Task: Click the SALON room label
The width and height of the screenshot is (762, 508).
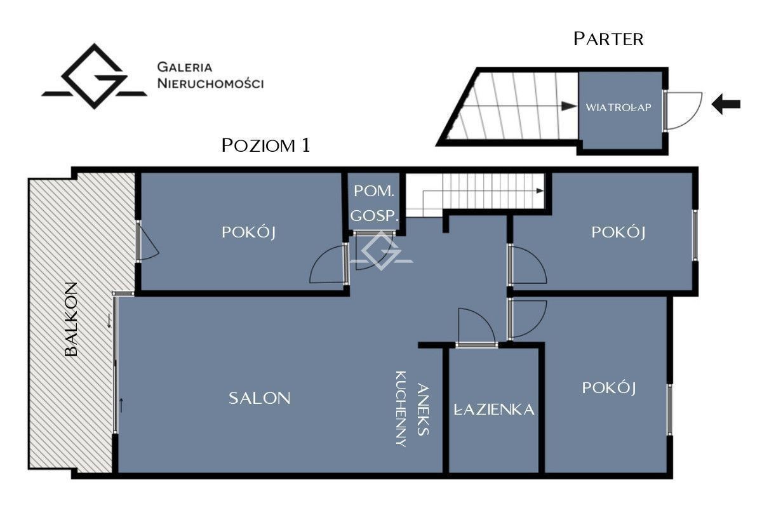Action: pyautogui.click(x=259, y=398)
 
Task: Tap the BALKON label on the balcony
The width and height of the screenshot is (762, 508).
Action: pyautogui.click(x=71, y=319)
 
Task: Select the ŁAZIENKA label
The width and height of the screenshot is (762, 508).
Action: pyautogui.click(x=494, y=409)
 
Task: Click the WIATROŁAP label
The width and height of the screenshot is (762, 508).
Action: pyautogui.click(x=618, y=107)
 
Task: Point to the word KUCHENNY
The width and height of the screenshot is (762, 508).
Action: pyautogui.click(x=401, y=409)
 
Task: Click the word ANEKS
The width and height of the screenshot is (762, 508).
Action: pyautogui.click(x=423, y=410)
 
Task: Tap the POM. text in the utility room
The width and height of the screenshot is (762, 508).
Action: pyautogui.click(x=374, y=191)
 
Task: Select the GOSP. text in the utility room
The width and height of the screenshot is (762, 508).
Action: pyautogui.click(x=374, y=216)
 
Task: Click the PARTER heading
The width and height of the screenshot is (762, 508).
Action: pyautogui.click(x=608, y=39)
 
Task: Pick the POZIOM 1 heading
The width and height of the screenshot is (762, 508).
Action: pyautogui.click(x=265, y=145)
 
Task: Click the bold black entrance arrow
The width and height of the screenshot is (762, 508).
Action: pyautogui.click(x=726, y=104)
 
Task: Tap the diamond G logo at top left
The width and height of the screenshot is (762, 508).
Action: pyautogui.click(x=94, y=76)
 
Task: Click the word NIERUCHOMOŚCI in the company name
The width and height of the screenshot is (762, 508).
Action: pyautogui.click(x=210, y=83)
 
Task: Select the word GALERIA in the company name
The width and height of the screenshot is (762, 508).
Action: pyautogui.click(x=185, y=67)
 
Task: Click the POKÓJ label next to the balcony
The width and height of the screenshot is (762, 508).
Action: pyautogui.click(x=248, y=232)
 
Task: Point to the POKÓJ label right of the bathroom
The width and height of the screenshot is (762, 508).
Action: pyautogui.click(x=608, y=388)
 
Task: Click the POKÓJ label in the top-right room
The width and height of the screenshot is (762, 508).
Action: pyautogui.click(x=618, y=232)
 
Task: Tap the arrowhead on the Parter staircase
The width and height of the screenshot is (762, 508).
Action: pyautogui.click(x=569, y=106)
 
